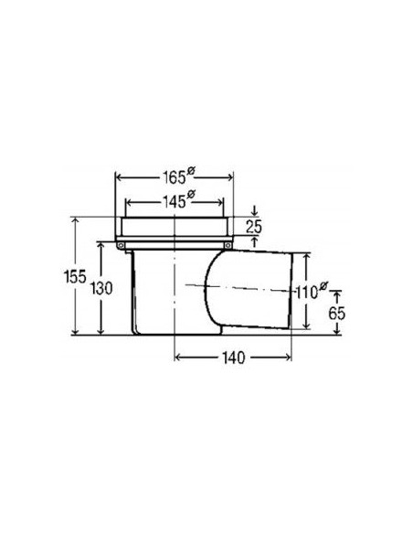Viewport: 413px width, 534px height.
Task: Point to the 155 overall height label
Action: click(65, 277)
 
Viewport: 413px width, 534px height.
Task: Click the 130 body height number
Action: click(101, 288)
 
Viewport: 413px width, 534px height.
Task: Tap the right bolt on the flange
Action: click(228, 244)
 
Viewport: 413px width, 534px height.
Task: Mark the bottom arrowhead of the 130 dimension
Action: click(101, 331)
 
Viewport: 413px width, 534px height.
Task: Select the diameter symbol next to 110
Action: click(324, 284)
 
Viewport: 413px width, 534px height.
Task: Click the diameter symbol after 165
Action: click(189, 169)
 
